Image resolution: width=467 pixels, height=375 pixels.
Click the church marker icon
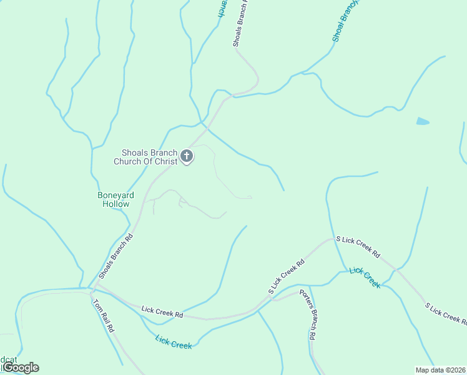click(x=187, y=156)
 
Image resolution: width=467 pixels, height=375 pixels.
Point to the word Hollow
click(x=116, y=204)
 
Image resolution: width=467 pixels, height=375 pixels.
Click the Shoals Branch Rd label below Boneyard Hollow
click(x=117, y=256)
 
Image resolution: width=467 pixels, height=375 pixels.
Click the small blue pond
click(x=423, y=121)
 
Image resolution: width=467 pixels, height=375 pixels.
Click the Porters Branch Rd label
click(x=307, y=314)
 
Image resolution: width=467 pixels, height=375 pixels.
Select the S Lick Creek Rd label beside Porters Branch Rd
click(x=286, y=276)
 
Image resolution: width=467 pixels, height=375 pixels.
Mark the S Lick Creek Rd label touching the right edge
click(x=446, y=314)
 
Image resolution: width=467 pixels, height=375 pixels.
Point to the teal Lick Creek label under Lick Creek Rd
click(x=174, y=342)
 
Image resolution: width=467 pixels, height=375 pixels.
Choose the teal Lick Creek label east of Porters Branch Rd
click(x=365, y=277)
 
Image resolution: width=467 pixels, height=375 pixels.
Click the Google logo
click(x=21, y=367)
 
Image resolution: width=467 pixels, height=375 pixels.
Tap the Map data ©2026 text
click(x=440, y=369)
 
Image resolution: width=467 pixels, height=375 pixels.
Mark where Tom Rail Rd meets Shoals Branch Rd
click(x=92, y=289)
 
